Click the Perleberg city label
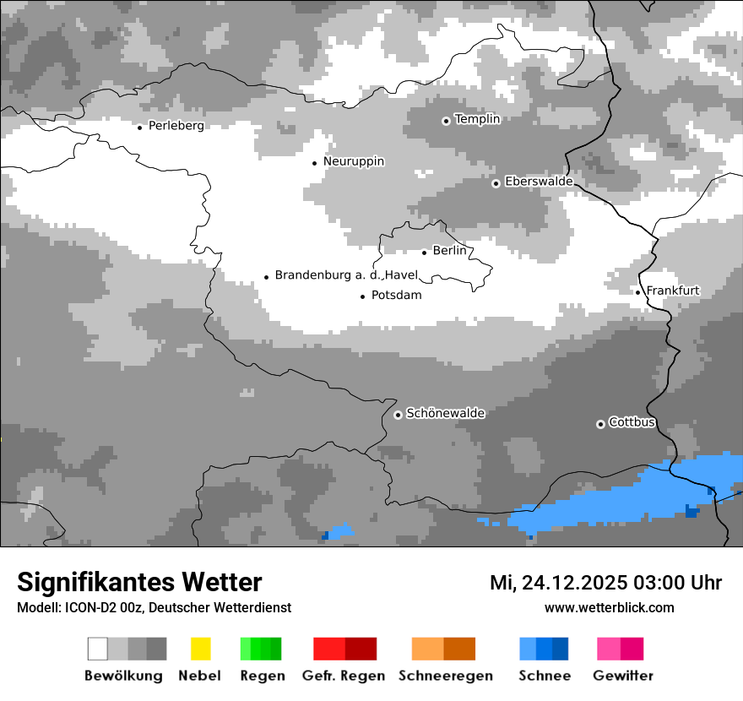(x=176, y=126)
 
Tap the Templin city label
(x=477, y=119)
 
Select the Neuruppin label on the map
(x=354, y=161)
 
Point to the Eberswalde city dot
(x=496, y=183)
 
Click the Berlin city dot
(x=424, y=252)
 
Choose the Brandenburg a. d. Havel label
(x=346, y=275)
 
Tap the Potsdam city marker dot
(x=363, y=296)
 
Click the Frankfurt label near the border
(x=673, y=291)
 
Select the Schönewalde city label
(x=445, y=414)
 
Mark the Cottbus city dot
(x=600, y=424)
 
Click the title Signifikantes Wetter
(x=139, y=582)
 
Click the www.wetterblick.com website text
(x=609, y=608)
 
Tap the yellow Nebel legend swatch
(x=200, y=649)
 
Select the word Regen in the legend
(x=261, y=676)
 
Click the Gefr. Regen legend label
(x=344, y=676)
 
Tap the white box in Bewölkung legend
(x=98, y=649)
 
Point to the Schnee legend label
(x=545, y=676)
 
